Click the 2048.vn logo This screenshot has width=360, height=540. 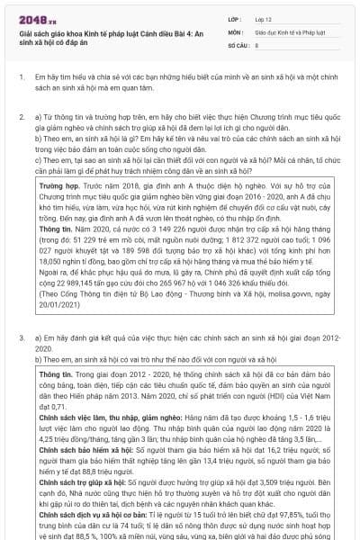33,16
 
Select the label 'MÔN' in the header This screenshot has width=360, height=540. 236,31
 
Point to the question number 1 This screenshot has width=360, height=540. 22,79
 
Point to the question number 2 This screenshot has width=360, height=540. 22,117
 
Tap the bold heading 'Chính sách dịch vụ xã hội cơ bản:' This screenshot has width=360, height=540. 94,517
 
